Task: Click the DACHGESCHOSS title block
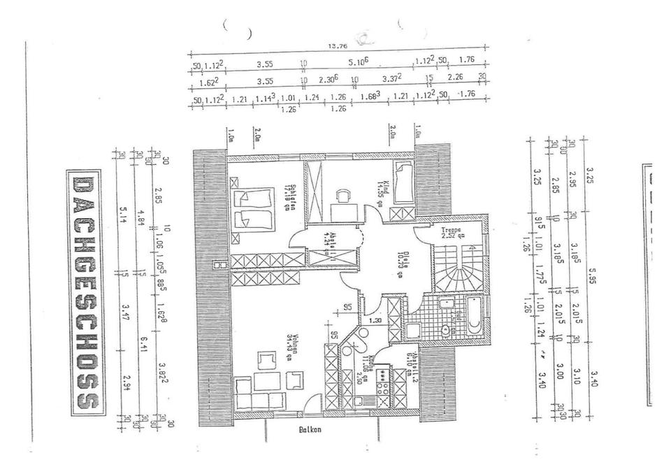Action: (x=85, y=292)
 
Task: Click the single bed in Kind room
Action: (x=403, y=182)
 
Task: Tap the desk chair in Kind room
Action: (x=342, y=197)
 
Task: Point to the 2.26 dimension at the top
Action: (x=456, y=77)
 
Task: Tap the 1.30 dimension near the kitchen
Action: (x=375, y=320)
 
